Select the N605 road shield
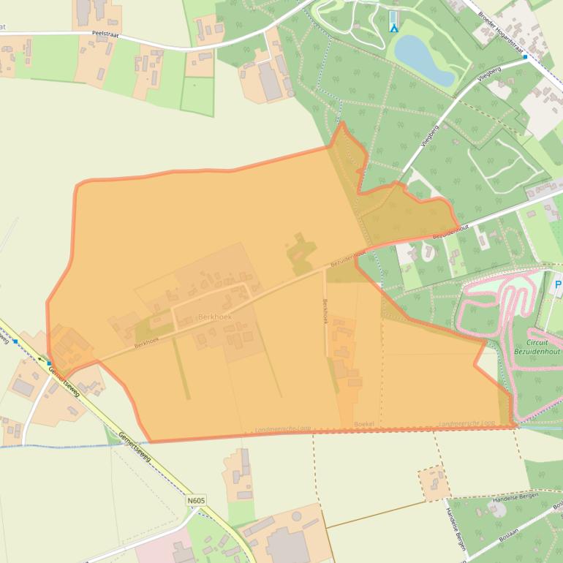click(x=196, y=501)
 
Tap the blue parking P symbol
click(x=558, y=284)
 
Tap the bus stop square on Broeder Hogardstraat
click(x=525, y=56)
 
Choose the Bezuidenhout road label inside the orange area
click(x=347, y=257)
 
